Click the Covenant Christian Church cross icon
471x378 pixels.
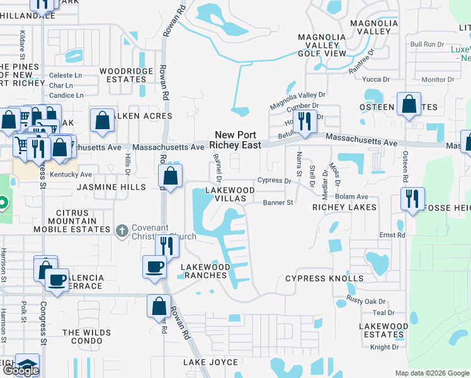point(122,230)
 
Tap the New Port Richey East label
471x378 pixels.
point(237,139)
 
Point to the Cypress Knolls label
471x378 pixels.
point(324,278)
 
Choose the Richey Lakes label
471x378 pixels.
point(344,207)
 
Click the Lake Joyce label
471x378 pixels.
point(210,362)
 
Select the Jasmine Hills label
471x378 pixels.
point(111,187)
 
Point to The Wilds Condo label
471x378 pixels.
point(82,336)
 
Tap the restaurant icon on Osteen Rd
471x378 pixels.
point(412,198)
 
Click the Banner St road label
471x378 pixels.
point(278,203)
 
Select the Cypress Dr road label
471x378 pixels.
point(274,181)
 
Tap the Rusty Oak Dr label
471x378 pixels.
point(365,301)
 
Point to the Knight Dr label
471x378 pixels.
point(384,347)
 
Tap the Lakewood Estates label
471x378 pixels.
point(383,331)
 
